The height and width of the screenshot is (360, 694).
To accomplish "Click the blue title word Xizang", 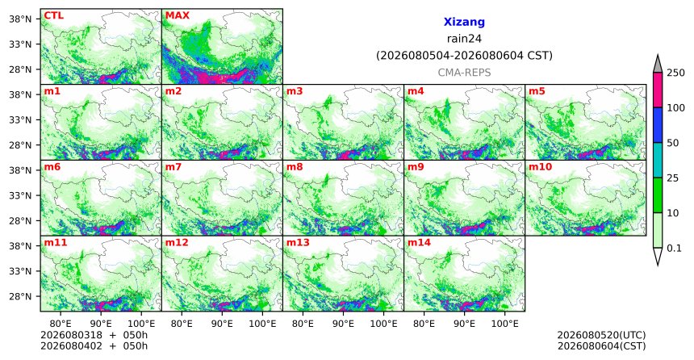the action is [464, 22].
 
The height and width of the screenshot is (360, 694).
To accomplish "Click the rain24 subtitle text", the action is [464, 39].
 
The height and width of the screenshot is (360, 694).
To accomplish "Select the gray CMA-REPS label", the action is [464, 73].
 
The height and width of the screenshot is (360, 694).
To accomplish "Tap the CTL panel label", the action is [53, 15].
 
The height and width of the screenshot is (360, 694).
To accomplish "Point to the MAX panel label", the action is [177, 15].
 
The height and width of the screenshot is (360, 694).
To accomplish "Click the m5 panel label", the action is [537, 92].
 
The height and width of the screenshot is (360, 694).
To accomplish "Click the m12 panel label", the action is [177, 243].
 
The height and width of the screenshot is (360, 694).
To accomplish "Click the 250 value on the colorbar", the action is [675, 73].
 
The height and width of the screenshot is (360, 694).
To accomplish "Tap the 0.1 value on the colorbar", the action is [674, 249].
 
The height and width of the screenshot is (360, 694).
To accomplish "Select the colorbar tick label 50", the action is [672, 143].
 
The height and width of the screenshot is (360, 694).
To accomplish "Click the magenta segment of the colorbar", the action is [657, 90].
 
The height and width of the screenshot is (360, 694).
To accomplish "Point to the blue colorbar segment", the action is [657, 125].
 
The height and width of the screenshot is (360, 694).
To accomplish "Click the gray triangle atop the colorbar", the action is [657, 64].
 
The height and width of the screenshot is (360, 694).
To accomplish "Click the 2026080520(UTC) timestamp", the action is [601, 335].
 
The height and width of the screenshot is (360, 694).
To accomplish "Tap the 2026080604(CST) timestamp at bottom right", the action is [601, 345].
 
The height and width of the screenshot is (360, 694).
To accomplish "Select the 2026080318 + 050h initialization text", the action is [94, 335].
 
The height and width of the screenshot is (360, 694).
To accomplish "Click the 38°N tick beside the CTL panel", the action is [20, 19].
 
